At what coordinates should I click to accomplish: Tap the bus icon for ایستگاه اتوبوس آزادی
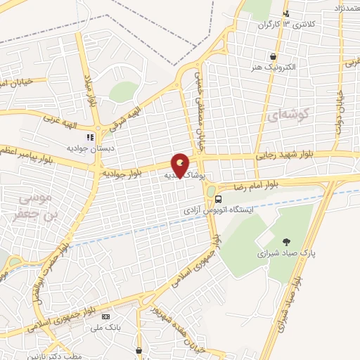click(x=218, y=200)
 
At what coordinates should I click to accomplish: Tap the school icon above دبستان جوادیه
click(x=89, y=137)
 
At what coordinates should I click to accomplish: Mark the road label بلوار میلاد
click(x=91, y=88)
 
